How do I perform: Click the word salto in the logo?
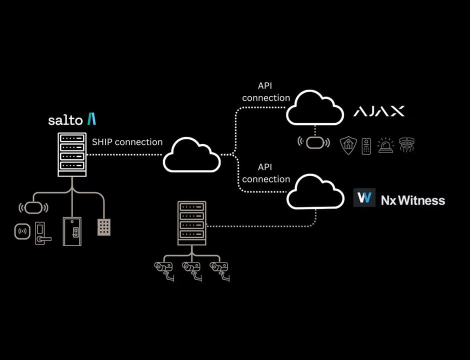pos(65,120)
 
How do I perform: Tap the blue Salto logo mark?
pos(91,119)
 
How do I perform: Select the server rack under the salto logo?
pos(72,154)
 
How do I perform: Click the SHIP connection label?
pos(127,142)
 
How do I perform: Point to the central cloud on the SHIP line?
pos(192,155)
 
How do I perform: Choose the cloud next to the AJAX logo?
pos(314,107)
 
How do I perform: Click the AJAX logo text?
pos(379,111)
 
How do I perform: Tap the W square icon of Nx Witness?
pos(364,198)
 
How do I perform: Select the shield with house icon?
pos(348,145)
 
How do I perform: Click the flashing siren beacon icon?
pos(385,145)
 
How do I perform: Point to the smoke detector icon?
pos(407,145)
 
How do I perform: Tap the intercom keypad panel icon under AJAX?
pos(366,145)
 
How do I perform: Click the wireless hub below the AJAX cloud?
pos(314,142)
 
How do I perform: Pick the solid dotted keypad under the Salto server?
pos(104,227)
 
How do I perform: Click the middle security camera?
pos(191,270)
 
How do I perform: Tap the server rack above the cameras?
pos(191,223)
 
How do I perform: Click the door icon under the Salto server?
pos(72,230)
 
